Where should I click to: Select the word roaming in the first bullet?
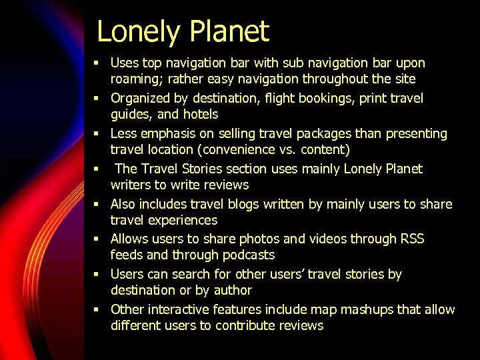(x=133, y=79)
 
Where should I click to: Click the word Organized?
(x=140, y=99)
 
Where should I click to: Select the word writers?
(x=131, y=185)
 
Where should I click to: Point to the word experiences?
(x=183, y=221)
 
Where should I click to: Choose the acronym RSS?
(x=412, y=239)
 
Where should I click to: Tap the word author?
(x=233, y=291)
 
